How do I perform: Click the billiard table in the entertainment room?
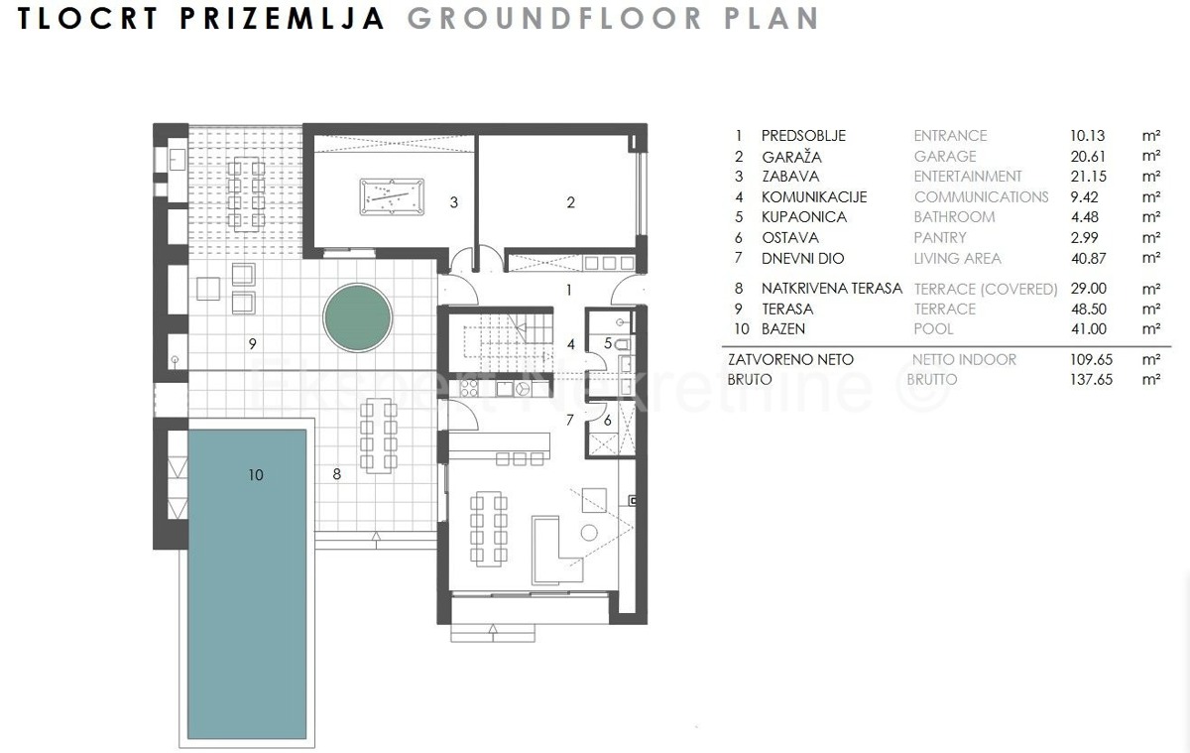click(392, 196)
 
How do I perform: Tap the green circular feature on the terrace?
click(358, 317)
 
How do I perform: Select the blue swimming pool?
click(247, 584)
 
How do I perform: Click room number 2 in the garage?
click(570, 202)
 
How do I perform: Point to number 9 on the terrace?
click(252, 344)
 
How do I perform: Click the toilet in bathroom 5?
click(623, 344)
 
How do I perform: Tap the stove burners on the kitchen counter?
click(469, 389)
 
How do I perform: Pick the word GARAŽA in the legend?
click(791, 157)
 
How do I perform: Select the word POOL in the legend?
click(933, 329)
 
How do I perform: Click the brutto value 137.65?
click(1091, 379)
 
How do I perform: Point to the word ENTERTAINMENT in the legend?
click(968, 177)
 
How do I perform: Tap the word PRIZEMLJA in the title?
click(282, 19)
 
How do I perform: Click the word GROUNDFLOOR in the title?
click(554, 19)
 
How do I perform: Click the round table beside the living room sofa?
click(589, 533)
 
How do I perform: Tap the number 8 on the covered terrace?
click(337, 474)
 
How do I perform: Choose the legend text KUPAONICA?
click(804, 217)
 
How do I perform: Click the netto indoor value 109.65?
click(1091, 360)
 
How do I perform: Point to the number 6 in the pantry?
click(607, 421)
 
